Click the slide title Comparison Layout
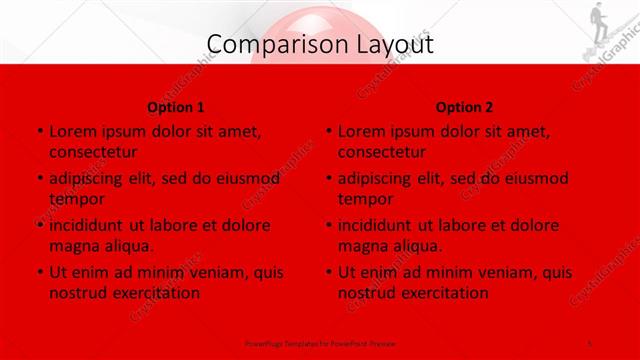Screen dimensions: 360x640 click(x=320, y=44)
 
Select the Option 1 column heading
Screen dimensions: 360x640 click(x=176, y=107)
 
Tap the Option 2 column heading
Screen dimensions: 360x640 click(x=465, y=107)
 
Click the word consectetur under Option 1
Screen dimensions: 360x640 click(x=93, y=152)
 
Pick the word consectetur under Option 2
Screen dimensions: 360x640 click(x=382, y=152)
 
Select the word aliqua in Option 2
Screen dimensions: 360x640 click(x=421, y=246)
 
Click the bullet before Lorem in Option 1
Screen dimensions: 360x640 click(x=39, y=132)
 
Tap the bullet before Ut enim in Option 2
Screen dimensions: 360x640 click(x=328, y=272)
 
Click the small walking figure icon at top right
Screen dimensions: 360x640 click(x=598, y=21)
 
